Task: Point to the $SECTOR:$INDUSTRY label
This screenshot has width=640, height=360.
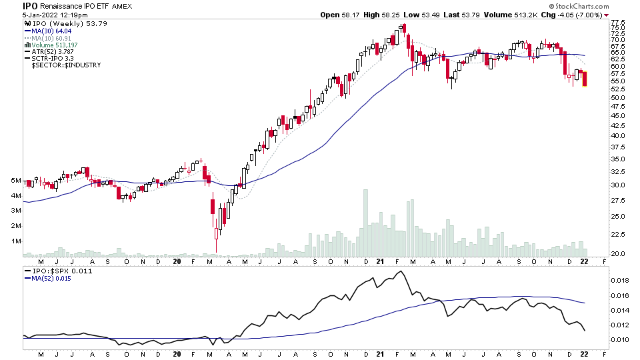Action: (66, 65)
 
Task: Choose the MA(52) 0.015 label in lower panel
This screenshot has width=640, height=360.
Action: (51, 279)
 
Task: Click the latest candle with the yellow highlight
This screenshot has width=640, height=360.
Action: (585, 79)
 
